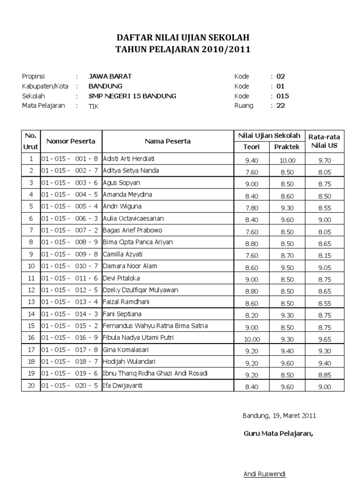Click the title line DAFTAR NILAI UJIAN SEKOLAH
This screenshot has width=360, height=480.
pos(183,38)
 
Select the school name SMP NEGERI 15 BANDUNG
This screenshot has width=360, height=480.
pos(132,96)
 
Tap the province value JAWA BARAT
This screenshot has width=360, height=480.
pos(110,76)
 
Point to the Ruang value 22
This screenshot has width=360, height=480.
pos(280,106)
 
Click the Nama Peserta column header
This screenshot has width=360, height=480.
pos(167,141)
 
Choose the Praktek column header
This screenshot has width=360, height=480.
pos(287,147)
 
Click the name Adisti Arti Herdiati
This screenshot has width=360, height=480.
pos(128,158)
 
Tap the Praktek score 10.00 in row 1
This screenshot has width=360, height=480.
pos(287,160)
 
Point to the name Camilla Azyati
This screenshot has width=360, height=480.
pos(123,254)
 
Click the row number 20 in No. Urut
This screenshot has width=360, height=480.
pos(31,386)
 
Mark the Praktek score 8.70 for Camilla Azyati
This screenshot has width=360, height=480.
pos(287,256)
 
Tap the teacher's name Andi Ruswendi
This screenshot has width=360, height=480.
pos(264,474)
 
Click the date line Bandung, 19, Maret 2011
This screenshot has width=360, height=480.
pos(279,415)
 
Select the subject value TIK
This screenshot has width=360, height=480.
pos(94,106)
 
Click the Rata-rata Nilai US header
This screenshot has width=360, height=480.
pos(324,141)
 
